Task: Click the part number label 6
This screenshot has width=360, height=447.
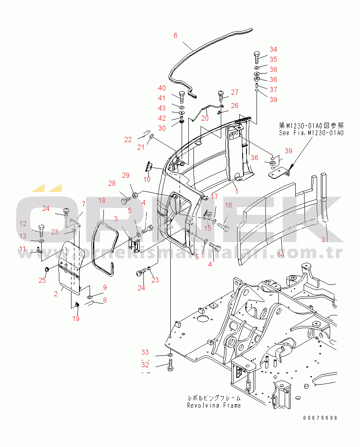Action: click(176, 35)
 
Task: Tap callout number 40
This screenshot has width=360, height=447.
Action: click(162, 88)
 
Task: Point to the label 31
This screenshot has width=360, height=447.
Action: click(324, 239)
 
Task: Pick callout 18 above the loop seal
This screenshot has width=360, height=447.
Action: click(102, 201)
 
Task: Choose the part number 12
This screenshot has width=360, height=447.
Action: click(23, 224)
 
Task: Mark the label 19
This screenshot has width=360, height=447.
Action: click(76, 318)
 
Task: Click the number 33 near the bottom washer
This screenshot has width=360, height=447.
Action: click(145, 352)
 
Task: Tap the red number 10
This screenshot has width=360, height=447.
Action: click(147, 180)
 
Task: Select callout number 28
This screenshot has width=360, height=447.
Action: click(111, 183)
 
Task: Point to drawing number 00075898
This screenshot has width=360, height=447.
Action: click(320, 418)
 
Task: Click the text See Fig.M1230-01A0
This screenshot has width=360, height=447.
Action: click(311, 133)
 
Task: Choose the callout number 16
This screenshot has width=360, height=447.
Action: click(228, 205)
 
